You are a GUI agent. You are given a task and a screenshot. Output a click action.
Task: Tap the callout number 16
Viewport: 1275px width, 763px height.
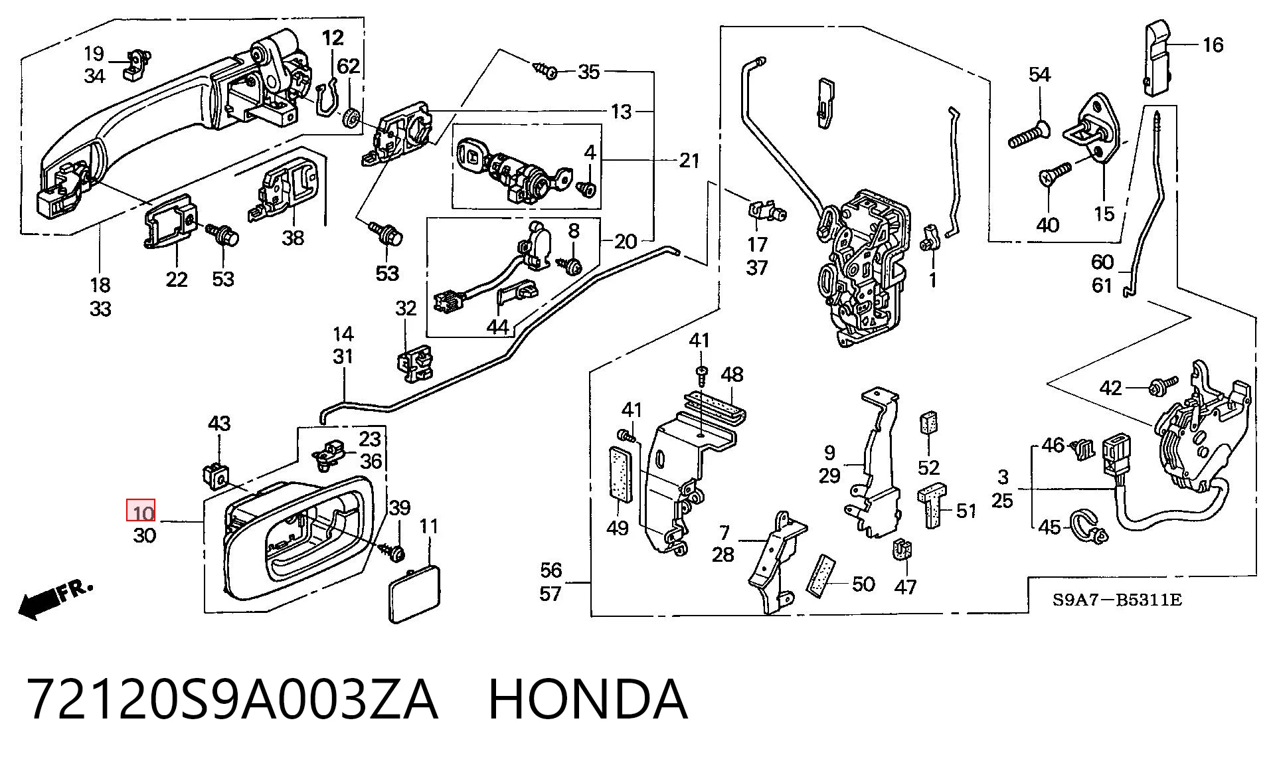click(x=1213, y=44)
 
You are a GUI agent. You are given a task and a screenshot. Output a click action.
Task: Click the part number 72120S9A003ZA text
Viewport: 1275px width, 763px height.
click(x=232, y=699)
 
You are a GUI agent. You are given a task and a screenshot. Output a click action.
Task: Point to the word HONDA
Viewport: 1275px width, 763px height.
click(x=588, y=699)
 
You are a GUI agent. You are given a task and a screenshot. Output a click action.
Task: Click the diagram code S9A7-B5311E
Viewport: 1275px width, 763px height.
click(x=1118, y=600)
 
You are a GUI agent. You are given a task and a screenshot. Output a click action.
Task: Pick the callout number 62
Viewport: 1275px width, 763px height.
click(x=348, y=66)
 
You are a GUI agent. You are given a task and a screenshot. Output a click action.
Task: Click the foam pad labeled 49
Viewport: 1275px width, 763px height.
click(x=620, y=473)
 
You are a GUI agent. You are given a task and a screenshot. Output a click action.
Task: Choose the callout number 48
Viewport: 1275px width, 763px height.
click(x=732, y=375)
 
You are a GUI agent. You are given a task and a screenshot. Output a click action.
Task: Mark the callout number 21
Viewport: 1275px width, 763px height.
click(x=689, y=160)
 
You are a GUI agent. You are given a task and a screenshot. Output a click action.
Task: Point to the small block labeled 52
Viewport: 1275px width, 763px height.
click(x=928, y=422)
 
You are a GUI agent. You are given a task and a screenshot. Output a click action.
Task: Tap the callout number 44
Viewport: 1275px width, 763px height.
click(x=497, y=327)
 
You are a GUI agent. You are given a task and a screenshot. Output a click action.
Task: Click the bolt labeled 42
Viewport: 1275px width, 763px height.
click(x=1163, y=384)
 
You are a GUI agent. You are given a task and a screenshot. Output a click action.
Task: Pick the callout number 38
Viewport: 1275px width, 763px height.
click(x=293, y=237)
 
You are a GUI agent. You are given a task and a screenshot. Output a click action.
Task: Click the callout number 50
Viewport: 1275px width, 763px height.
click(x=863, y=584)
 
